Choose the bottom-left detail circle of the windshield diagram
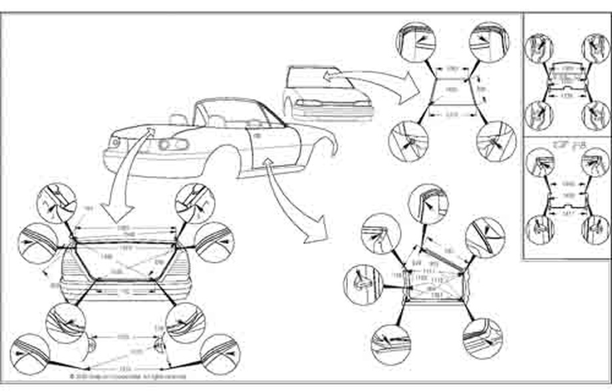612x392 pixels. pyautogui.click(x=408, y=140)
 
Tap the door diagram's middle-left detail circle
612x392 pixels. pyautogui.click(x=363, y=283)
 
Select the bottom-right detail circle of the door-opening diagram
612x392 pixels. pyautogui.click(x=484, y=339)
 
